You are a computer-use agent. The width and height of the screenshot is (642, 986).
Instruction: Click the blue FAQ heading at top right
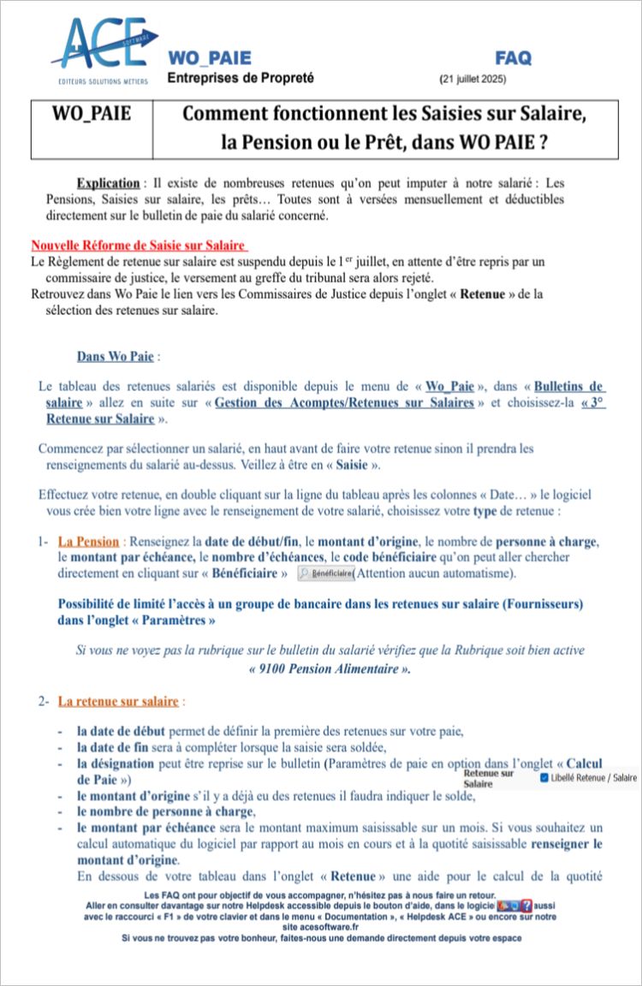click(513, 58)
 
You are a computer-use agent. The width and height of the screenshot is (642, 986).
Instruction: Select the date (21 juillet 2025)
click(473, 80)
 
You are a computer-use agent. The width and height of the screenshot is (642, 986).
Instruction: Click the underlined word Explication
click(108, 183)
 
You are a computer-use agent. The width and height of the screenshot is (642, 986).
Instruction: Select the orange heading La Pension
click(89, 542)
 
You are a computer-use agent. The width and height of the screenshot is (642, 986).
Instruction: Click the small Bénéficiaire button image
click(325, 573)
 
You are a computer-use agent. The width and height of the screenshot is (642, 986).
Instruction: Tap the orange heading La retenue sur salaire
click(118, 702)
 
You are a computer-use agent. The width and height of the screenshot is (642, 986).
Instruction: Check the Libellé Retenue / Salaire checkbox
click(545, 778)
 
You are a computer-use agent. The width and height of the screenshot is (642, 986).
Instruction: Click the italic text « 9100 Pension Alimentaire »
click(329, 668)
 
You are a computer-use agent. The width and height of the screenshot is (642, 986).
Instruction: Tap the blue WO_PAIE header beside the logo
click(210, 58)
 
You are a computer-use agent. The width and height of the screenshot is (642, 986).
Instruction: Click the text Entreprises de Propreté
click(241, 78)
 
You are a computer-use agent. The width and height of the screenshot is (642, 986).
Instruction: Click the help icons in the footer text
click(514, 904)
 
